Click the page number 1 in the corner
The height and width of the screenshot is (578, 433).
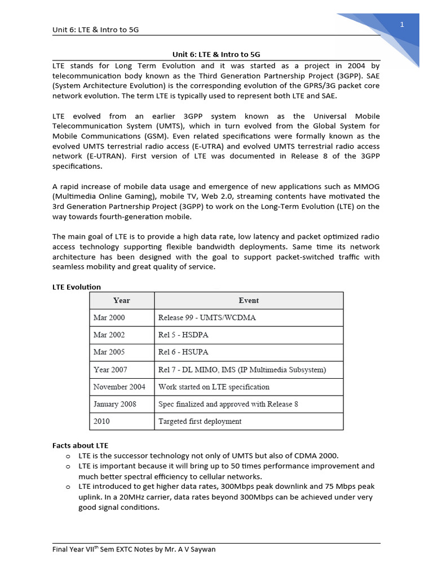coord(402,24)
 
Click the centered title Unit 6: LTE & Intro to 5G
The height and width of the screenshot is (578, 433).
coord(216,54)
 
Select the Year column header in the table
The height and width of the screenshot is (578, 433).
coord(121,300)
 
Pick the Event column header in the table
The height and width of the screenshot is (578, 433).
coord(249,300)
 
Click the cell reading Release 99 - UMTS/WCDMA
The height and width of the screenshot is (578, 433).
coord(207,318)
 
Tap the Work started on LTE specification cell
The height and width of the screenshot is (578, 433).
coord(214,387)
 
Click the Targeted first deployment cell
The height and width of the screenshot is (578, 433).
coord(200,422)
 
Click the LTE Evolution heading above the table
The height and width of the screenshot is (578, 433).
coord(77,287)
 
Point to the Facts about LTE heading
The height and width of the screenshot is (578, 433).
coord(80,445)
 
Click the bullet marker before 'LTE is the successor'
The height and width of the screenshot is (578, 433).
coord(67,456)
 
